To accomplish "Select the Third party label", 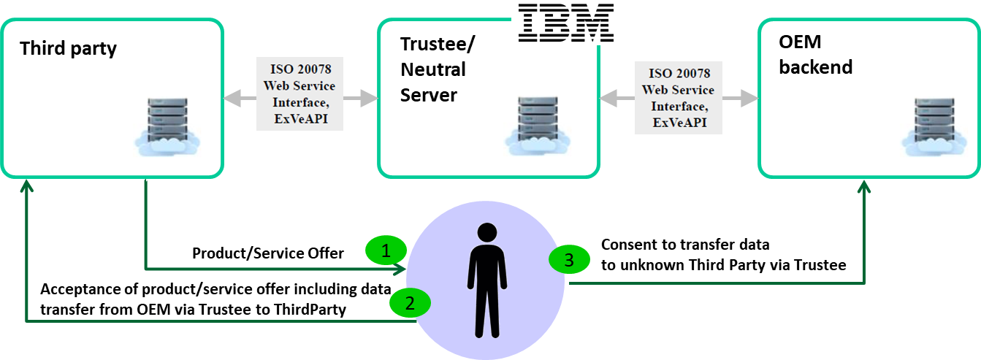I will pyautogui.click(x=68, y=49).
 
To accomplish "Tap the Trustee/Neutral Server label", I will pyautogui.click(x=438, y=69).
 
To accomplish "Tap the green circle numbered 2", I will pyautogui.click(x=410, y=302).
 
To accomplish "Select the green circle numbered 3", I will pyautogui.click(x=570, y=259).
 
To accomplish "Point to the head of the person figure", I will pyautogui.click(x=486, y=234).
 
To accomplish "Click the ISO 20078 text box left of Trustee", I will pyautogui.click(x=299, y=93).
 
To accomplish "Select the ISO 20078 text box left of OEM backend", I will pyautogui.click(x=678, y=96).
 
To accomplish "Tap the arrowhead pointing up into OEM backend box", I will pyautogui.click(x=864, y=187).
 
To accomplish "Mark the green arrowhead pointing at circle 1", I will pyautogui.click(x=399, y=269).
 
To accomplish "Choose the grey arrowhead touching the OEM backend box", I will pyautogui.click(x=748, y=98).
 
